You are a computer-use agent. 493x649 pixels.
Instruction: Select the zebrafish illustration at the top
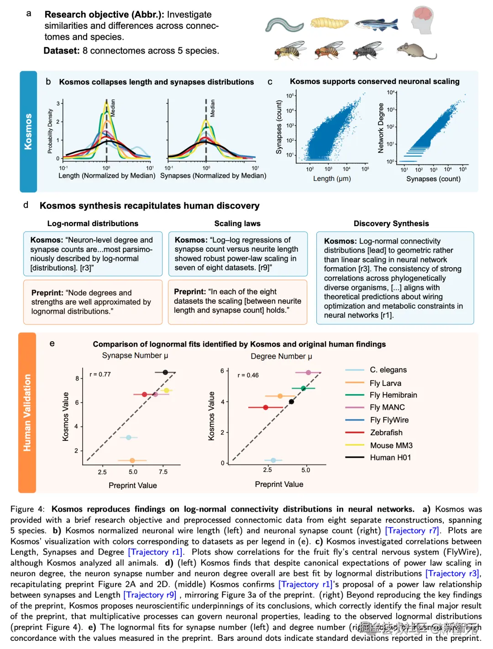[376, 24]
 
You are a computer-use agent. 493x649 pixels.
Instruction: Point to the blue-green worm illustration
[284, 25]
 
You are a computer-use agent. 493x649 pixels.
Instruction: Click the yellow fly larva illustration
[329, 23]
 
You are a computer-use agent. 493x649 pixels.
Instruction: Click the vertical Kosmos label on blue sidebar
[28, 132]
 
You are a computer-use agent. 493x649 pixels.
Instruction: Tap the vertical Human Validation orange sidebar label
[27, 412]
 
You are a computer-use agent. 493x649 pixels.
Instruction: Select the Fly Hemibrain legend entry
[393, 395]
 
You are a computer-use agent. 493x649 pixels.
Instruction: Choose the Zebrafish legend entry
[386, 433]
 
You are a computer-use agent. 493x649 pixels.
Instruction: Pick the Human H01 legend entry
[390, 458]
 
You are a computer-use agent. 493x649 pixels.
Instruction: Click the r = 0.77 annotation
[100, 375]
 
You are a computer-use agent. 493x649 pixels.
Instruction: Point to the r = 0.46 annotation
[248, 375]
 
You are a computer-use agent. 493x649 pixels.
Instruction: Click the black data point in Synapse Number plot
[165, 372]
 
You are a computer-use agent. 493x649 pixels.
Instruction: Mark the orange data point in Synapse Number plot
[132, 460]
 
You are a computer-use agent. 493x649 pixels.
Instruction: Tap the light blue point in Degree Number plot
[273, 460]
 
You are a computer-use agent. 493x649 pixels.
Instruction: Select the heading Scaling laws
[237, 223]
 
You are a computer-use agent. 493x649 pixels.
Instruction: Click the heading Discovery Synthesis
[391, 223]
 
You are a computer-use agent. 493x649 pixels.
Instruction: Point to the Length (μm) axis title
[332, 179]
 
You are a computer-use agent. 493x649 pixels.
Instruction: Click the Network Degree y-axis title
[381, 128]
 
